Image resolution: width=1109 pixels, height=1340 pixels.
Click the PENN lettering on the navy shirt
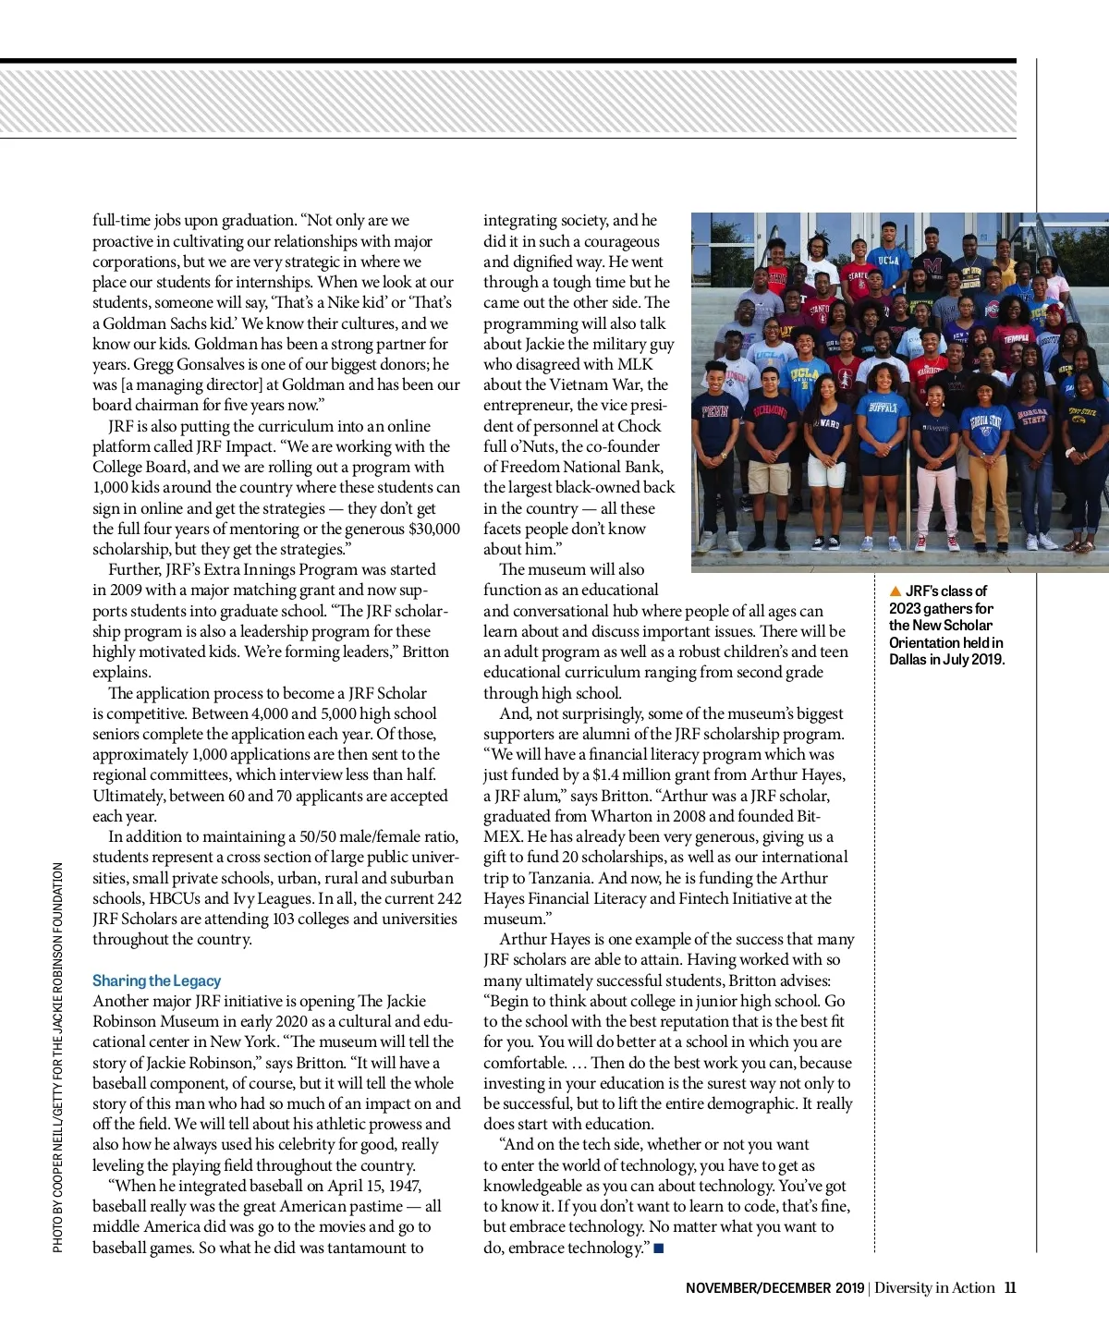pos(715,411)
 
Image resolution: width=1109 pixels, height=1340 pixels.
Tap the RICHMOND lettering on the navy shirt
pos(770,410)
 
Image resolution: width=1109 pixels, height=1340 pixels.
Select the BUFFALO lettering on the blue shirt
pos(882,406)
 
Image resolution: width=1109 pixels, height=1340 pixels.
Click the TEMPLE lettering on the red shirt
pos(1016,339)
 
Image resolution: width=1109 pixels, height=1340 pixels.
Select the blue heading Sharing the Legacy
pos(156,981)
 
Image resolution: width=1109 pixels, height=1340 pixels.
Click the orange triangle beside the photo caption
pos(895,591)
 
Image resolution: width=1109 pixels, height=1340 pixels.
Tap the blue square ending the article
pos(658,1249)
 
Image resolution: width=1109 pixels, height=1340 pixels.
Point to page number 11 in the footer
pos(1010,1287)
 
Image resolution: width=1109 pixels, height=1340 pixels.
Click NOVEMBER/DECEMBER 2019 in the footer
pos(774,1288)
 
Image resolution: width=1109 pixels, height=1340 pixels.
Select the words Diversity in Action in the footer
pos(934,1287)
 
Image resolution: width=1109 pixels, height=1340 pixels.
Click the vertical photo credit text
pos(58,1057)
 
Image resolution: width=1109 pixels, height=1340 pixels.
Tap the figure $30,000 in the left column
pos(433,529)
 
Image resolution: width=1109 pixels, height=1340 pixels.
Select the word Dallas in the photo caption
pos(908,659)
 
